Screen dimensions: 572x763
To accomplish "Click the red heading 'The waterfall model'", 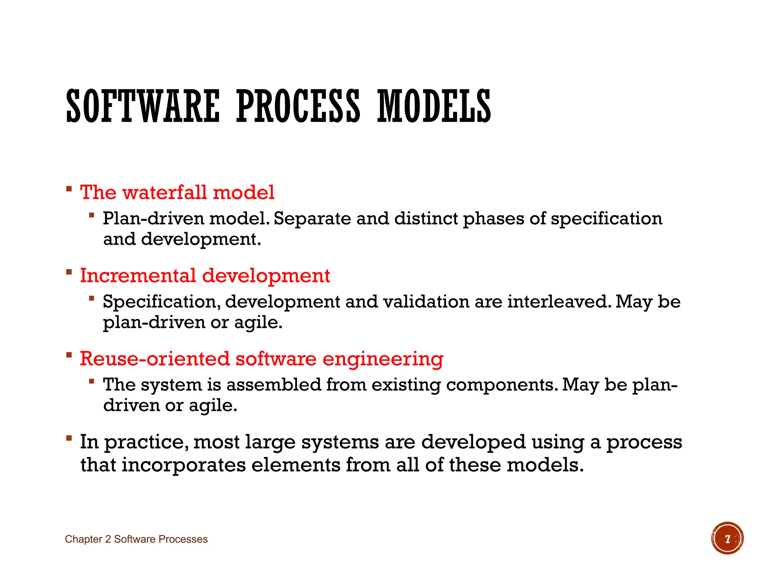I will tap(177, 193).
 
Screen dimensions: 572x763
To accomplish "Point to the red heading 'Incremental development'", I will tap(205, 276).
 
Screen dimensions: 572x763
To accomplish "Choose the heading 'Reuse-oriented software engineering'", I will tap(262, 359).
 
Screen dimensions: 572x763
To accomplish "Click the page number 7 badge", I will tap(727, 538).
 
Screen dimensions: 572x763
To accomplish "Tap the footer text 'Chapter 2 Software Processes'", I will tap(136, 539).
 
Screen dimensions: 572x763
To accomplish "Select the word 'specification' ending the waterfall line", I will tap(607, 219).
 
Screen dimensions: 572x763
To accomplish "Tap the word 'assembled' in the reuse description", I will tap(273, 385).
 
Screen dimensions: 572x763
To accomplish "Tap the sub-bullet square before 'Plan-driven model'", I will tap(91, 215).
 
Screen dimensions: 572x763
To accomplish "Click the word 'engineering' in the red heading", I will tap(383, 359).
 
